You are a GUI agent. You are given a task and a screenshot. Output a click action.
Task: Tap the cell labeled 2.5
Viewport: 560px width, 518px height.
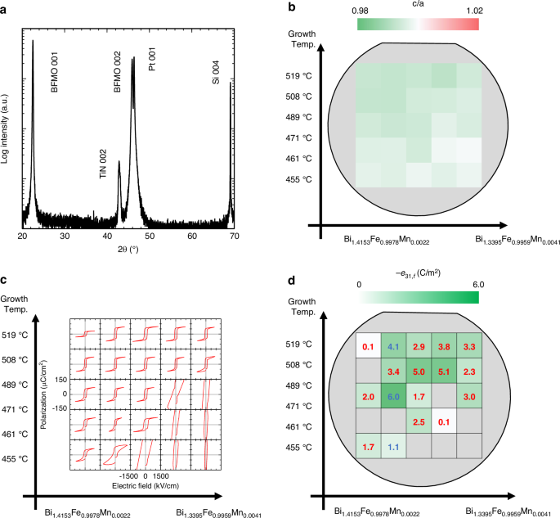419,422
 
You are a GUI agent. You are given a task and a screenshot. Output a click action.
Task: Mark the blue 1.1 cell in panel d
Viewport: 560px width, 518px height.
394,448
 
